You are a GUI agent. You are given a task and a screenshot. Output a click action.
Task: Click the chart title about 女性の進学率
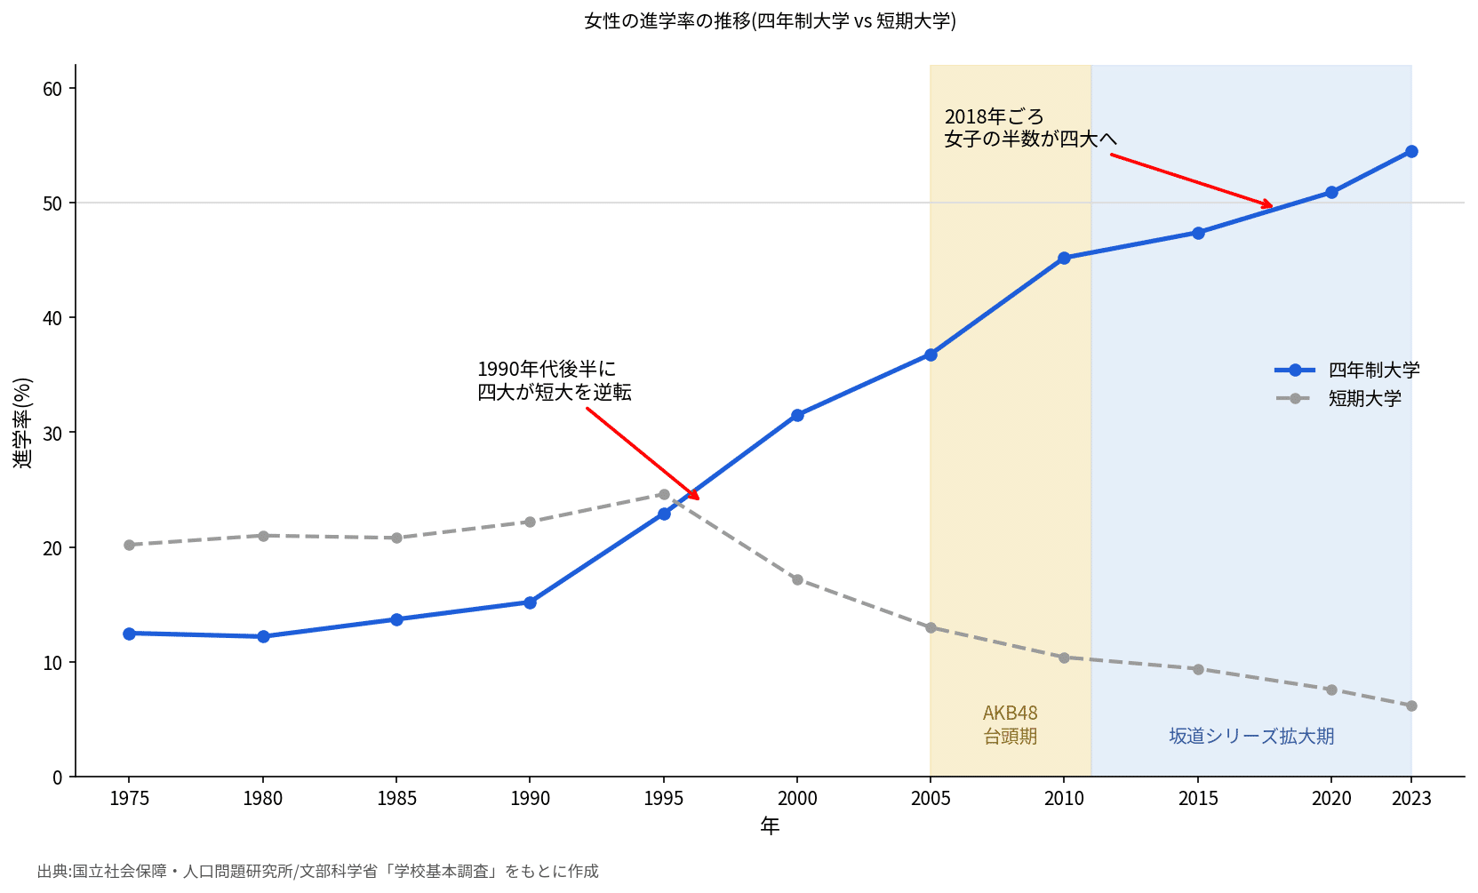coord(770,21)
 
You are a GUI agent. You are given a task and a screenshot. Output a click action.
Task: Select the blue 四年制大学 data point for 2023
coord(1411,152)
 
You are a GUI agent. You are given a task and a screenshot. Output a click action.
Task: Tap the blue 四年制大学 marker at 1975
coord(130,634)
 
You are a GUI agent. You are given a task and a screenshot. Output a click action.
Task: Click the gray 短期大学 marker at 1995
coord(664,495)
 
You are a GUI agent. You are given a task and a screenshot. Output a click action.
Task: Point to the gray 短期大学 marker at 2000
coord(797,579)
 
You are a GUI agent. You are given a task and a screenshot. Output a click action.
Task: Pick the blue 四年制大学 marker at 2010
coord(1064,258)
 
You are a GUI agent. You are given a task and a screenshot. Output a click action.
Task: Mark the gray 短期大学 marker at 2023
coord(1411,706)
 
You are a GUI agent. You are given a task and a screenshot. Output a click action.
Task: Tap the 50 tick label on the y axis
coord(52,203)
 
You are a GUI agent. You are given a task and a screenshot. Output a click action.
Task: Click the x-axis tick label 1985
coord(396,799)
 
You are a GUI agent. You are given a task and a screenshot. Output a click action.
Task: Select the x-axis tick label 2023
coord(1411,799)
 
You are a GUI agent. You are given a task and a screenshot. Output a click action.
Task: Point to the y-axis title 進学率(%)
coord(22,423)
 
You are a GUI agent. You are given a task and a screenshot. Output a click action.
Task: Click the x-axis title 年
coord(770,825)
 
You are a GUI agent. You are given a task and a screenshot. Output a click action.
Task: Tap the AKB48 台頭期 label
coord(1011,724)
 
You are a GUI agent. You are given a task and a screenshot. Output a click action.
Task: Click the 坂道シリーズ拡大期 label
coord(1251,736)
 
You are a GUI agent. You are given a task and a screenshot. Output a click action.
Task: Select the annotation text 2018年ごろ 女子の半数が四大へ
coord(1030,128)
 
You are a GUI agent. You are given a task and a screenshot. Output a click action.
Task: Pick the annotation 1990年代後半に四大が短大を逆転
coord(555,380)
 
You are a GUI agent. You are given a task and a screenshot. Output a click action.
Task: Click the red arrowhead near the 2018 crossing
coord(1266,205)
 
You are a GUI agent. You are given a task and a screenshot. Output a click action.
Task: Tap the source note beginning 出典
coord(317,872)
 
